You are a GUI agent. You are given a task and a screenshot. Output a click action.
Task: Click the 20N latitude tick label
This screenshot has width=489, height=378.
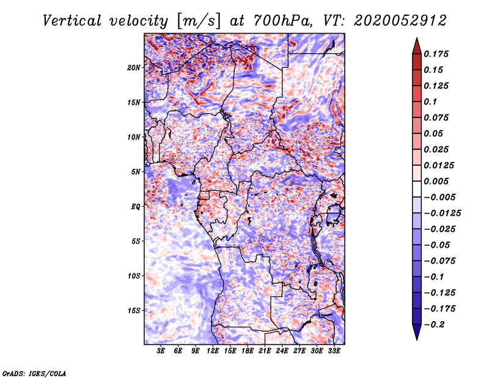[134, 68]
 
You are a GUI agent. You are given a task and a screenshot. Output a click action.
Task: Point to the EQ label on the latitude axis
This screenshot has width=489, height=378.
[136, 207]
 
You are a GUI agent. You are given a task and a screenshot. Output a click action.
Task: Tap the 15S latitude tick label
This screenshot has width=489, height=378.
[134, 311]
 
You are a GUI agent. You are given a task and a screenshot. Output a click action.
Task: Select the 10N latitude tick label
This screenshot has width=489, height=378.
[134, 137]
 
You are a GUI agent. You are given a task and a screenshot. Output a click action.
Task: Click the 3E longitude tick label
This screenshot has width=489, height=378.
[161, 350]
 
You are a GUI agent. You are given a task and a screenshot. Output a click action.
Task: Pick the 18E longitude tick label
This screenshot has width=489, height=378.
[248, 350]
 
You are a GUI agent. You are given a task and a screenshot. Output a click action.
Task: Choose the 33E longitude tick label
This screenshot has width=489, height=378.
[334, 350]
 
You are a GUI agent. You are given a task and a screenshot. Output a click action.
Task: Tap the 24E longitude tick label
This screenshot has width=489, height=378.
[282, 350]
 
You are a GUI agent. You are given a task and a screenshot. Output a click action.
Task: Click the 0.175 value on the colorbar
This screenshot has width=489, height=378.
[436, 54]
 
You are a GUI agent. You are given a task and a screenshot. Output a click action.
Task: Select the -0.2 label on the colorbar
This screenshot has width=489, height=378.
[434, 325]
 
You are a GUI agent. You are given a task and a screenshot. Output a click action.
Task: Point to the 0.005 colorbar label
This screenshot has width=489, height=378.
[436, 181]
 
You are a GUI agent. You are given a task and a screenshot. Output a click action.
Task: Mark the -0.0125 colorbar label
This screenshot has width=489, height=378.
[442, 213]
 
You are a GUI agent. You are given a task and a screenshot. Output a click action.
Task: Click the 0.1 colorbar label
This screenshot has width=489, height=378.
[430, 102]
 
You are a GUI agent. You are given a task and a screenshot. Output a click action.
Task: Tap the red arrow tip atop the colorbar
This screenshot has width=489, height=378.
[417, 39]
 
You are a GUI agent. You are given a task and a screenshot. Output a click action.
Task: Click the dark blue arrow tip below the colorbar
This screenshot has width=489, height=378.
[417, 339]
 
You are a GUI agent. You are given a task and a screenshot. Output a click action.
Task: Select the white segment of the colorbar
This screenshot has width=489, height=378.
[417, 189]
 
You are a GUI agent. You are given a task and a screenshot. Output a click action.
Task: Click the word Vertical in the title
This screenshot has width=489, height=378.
[72, 21]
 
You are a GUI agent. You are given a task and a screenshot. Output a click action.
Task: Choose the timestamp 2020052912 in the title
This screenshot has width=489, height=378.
[400, 21]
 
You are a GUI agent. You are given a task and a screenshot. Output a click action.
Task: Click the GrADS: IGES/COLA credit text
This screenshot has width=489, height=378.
[34, 373]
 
